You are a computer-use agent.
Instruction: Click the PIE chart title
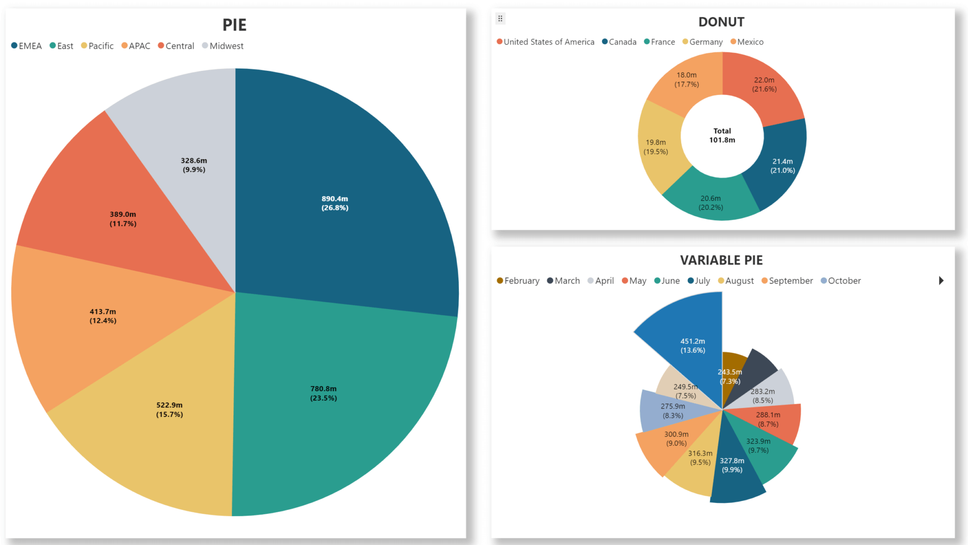234,25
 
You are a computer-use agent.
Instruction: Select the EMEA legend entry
26,46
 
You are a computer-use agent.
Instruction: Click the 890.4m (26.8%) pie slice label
335,203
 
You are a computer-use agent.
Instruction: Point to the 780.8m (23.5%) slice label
323,393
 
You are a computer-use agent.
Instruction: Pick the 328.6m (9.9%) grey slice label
194,165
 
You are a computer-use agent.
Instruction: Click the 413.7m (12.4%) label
103,316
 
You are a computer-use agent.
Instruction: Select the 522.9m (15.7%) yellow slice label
169,409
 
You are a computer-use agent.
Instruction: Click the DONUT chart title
721,22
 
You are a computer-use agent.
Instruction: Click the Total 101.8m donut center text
722,135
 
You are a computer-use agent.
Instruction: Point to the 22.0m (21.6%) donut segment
764,85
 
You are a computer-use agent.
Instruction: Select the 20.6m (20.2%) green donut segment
710,203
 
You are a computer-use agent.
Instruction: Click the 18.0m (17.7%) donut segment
686,79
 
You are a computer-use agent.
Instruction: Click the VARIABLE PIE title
721,260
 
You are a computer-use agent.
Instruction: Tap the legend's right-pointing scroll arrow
941,281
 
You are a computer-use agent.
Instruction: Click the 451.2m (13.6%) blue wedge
692,346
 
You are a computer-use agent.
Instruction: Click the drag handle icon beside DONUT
500,18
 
